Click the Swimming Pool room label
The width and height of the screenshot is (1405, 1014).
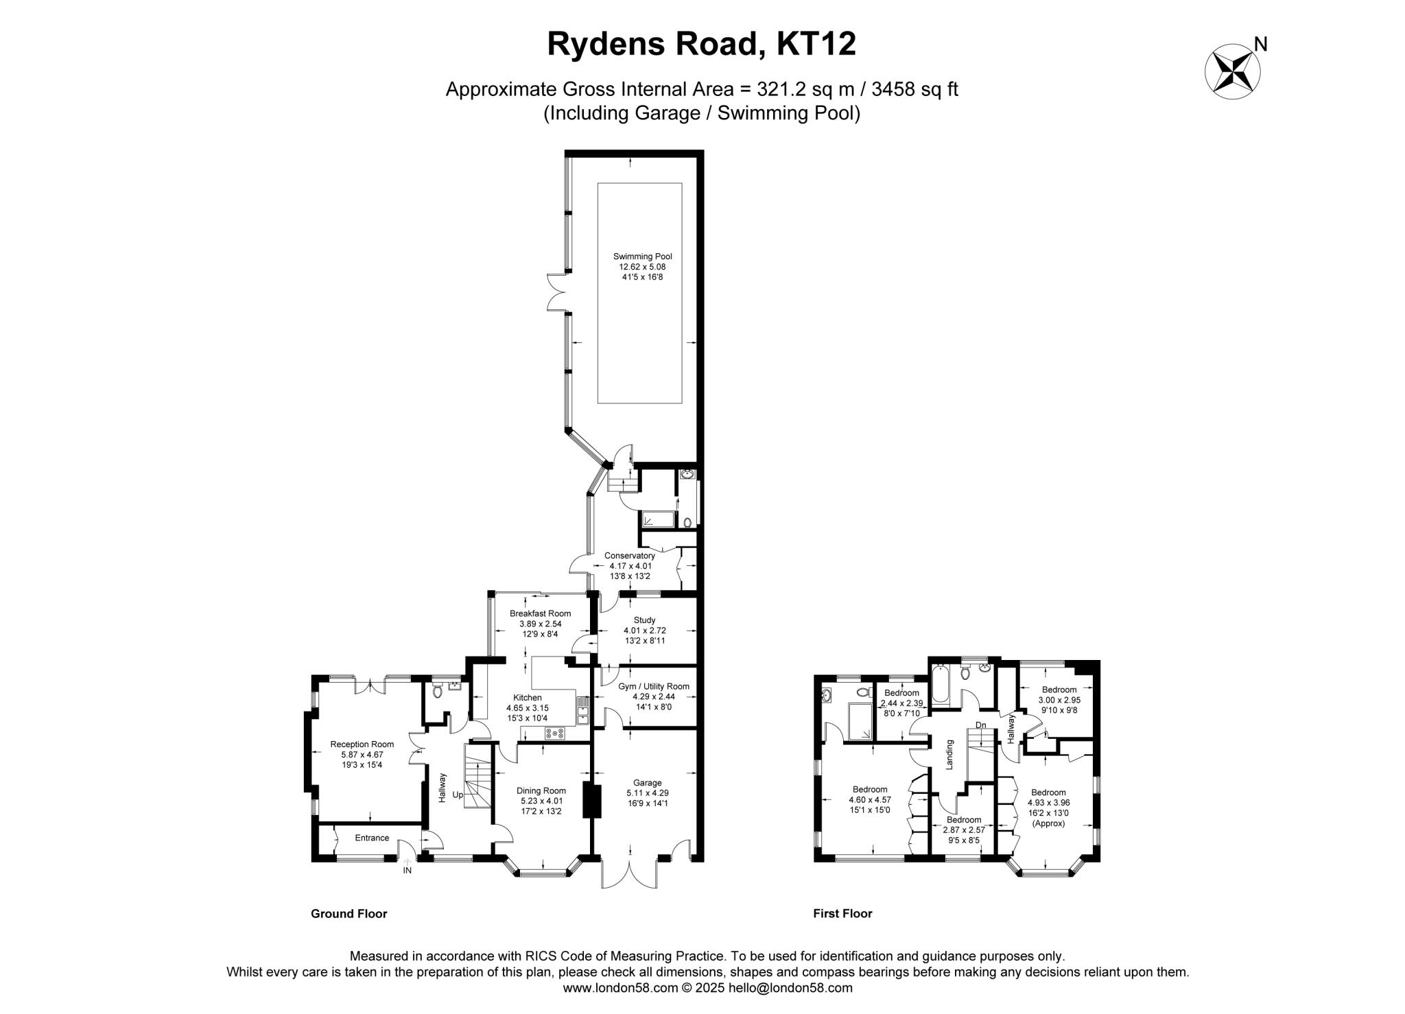642,257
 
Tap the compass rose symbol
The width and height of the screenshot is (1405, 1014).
1233,71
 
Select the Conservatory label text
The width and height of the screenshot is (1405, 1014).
629,556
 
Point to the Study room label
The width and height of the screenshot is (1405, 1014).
644,620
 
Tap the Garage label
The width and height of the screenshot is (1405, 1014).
647,783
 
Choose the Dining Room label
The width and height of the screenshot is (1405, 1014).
541,790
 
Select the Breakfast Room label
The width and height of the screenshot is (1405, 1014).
540,613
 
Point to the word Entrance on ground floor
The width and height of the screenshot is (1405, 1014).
372,838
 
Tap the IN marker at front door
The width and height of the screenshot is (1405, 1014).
407,871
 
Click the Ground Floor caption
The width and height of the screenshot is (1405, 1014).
349,914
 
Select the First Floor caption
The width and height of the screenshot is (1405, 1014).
842,914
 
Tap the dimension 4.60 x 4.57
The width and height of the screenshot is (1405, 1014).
870,799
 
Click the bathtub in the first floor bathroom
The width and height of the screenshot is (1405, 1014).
940,684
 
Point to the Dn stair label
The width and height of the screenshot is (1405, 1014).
980,725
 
